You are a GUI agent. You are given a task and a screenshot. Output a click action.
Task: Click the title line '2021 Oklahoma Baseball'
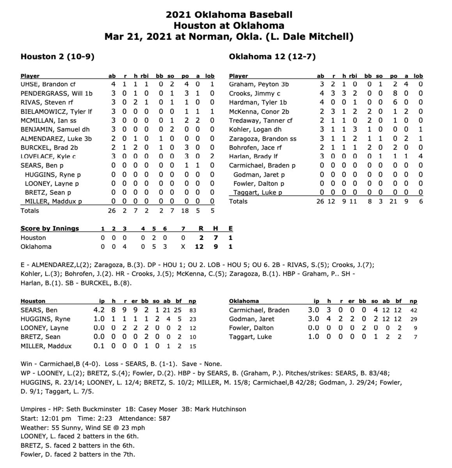click(x=229, y=15)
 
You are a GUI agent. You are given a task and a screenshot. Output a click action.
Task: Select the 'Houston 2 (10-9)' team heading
click(x=57, y=57)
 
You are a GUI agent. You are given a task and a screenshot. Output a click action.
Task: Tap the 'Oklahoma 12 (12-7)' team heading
click(x=272, y=57)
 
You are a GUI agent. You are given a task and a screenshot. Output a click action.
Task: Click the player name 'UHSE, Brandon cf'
click(x=48, y=84)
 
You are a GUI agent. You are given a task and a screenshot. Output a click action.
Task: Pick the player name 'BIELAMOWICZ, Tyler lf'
click(x=56, y=112)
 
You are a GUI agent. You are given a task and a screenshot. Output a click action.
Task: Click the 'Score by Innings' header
click(x=50, y=229)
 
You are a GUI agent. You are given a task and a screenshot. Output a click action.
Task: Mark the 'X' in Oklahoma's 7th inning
click(x=183, y=246)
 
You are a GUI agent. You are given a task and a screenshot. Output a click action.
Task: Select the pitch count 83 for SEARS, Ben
click(x=192, y=310)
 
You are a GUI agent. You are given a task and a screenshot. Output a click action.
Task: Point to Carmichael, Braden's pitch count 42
click(x=413, y=310)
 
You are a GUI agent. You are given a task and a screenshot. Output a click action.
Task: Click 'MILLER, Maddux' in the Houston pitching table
click(x=46, y=346)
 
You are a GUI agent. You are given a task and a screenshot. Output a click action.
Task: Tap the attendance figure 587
click(x=164, y=418)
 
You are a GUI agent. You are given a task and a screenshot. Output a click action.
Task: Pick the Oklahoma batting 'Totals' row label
click(x=238, y=201)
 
